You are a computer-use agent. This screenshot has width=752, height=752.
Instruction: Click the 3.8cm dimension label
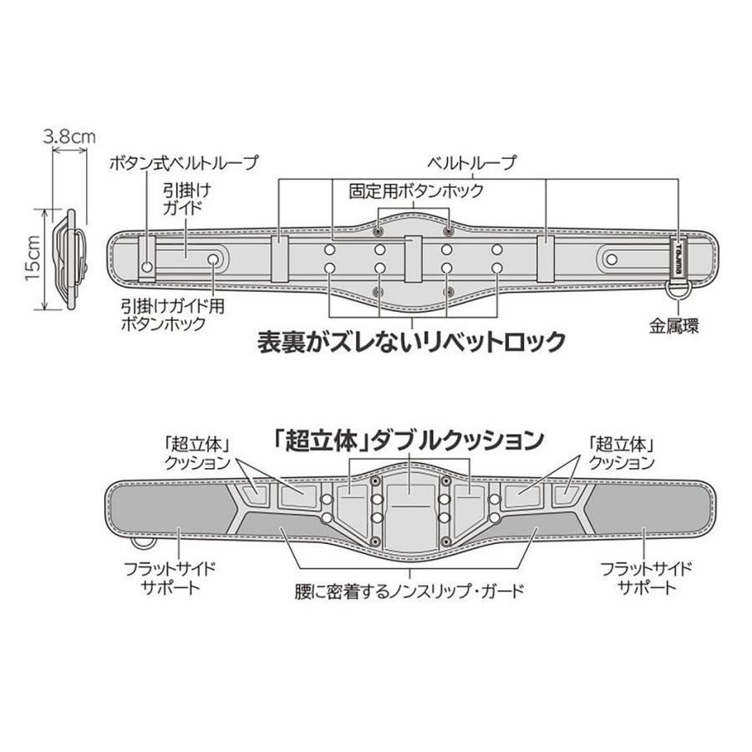pyautogui.click(x=70, y=135)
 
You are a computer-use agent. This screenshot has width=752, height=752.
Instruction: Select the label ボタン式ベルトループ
pyautogui.click(x=184, y=162)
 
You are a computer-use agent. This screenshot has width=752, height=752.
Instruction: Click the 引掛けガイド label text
pyautogui.click(x=183, y=198)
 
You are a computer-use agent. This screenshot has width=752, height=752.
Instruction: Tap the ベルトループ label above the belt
pyautogui.click(x=483, y=162)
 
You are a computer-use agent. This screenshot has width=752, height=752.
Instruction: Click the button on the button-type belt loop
pyautogui.click(x=148, y=267)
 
